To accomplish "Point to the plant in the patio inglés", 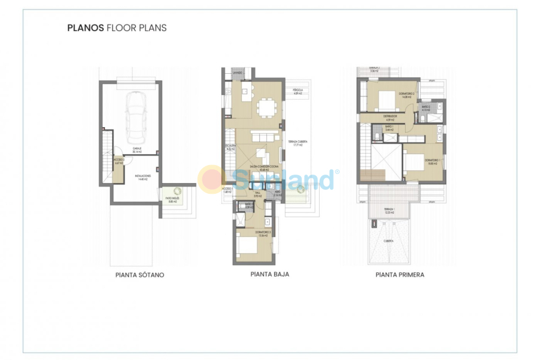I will tap(178, 192).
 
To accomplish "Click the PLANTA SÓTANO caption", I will tap(139, 275).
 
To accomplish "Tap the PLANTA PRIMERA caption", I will tap(400, 275).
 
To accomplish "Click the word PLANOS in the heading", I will tap(86, 28).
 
